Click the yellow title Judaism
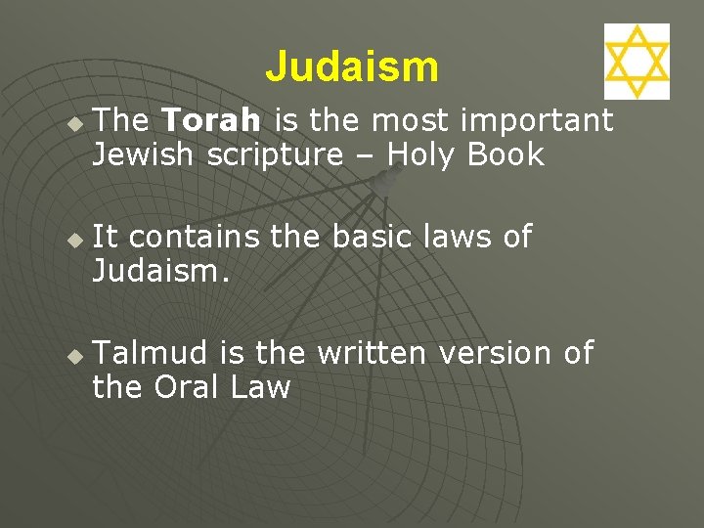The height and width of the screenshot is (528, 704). (352, 67)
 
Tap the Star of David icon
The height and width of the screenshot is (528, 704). (637, 62)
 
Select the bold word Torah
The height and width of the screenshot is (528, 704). (211, 120)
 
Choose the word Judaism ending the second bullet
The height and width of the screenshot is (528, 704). (160, 271)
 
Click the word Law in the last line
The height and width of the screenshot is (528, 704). (261, 387)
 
